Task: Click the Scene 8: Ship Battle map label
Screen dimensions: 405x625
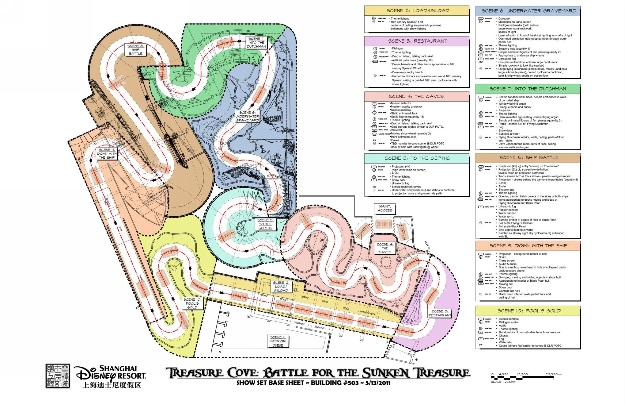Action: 135,50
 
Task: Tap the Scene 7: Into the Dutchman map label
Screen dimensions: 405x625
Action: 256,43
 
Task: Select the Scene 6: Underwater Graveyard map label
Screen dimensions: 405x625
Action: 247,117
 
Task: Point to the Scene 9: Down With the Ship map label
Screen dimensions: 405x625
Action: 107,154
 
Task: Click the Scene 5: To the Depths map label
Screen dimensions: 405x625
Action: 265,224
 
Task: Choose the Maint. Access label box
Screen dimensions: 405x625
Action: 385,209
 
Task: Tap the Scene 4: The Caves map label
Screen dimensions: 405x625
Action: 385,248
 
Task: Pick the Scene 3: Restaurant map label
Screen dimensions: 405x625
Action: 440,313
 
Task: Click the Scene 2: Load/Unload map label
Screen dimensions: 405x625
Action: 281,287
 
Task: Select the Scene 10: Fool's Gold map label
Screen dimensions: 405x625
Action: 192,303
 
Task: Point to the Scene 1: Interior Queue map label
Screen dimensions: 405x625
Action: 278,341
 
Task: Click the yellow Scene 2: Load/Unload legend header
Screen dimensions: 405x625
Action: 417,11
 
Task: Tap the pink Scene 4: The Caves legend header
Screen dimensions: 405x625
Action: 417,97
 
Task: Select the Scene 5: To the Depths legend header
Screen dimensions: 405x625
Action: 417,158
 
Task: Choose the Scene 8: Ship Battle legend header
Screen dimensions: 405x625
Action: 528,158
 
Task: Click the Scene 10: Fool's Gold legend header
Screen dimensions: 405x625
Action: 528,311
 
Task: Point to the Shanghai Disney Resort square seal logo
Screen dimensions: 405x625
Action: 58,376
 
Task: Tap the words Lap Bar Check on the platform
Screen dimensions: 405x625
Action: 367,313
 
